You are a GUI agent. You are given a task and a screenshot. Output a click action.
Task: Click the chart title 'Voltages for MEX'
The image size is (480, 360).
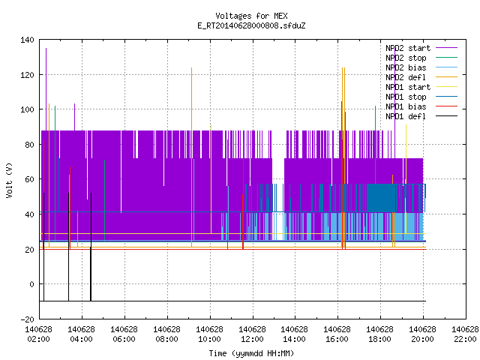click(x=251, y=16)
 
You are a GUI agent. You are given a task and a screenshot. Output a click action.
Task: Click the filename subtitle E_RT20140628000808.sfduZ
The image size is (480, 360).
click(x=251, y=25)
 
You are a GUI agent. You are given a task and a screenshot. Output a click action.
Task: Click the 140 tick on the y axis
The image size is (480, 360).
click(x=27, y=40)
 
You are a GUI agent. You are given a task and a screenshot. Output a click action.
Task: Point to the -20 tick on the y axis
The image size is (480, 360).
click(x=27, y=319)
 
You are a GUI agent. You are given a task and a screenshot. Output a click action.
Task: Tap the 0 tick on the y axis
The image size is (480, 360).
click(x=31, y=284)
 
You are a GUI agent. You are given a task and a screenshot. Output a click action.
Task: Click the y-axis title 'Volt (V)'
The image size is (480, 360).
click(x=10, y=180)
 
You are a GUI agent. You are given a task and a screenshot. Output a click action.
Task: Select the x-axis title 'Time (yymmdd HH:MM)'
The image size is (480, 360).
click(x=251, y=353)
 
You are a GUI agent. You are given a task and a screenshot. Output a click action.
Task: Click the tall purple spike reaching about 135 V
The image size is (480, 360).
click(x=46, y=89)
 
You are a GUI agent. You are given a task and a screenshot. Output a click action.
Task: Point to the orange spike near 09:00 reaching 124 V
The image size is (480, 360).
click(x=192, y=157)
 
